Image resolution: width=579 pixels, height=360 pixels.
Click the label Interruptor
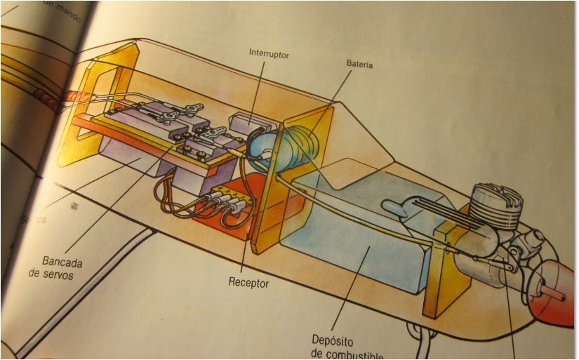269,54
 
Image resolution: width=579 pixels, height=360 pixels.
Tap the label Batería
359,65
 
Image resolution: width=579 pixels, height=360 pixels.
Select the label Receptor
248,283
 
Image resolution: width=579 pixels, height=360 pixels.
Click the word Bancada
62,262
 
